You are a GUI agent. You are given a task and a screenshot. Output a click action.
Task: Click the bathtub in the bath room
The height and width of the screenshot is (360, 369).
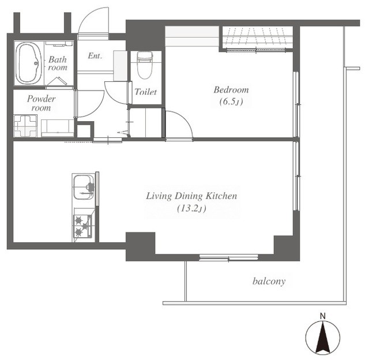pos(28,63)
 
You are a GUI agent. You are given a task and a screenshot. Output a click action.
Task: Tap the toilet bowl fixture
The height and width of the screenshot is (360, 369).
pos(145,65)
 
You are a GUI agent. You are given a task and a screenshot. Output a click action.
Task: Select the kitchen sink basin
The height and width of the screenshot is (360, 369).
pos(84,187)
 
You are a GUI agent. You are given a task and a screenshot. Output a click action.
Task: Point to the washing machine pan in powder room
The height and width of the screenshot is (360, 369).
pos(25,126)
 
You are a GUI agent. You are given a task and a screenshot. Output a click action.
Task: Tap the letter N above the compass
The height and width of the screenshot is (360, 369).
pos(323,316)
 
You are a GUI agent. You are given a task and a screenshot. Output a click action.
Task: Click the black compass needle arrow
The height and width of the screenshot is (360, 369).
pos(323,339)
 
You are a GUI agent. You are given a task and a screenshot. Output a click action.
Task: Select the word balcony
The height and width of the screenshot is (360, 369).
pos(269,281)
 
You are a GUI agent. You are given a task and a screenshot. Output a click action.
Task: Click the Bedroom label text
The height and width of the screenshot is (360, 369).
pos(231,89)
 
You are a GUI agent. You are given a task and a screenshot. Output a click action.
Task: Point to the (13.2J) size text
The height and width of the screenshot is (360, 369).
pos(191,208)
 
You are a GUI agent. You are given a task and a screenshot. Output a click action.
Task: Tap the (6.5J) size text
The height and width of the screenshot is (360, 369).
pos(231,102)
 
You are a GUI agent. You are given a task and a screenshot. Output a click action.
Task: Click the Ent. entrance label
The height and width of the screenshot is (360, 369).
pos(95,56)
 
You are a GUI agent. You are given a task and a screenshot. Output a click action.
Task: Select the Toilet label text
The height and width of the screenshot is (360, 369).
pos(146,92)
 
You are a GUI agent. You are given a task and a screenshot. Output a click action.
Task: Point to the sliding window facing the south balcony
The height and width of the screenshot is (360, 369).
pos(228,257)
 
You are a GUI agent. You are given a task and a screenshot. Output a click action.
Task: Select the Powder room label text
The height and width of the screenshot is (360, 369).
pos(42,103)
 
